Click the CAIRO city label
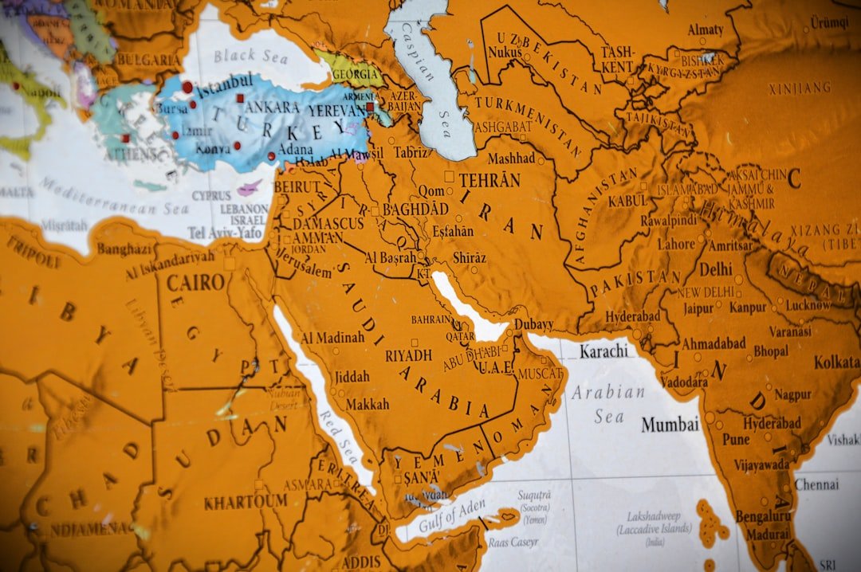pos(195,282)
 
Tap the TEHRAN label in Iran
pos(489,180)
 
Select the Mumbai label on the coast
pos(670,425)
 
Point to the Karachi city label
pos(603,351)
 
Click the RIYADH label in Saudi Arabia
pos(408,355)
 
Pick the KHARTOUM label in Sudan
pos(245,502)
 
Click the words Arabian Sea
pos(607,404)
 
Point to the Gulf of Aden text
pos(451,516)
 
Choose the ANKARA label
pos(273,107)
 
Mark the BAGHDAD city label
pos(415,209)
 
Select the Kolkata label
pos(836,362)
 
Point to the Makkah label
pos(367,404)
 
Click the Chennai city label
pos(816,484)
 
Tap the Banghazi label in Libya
pos(125,249)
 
